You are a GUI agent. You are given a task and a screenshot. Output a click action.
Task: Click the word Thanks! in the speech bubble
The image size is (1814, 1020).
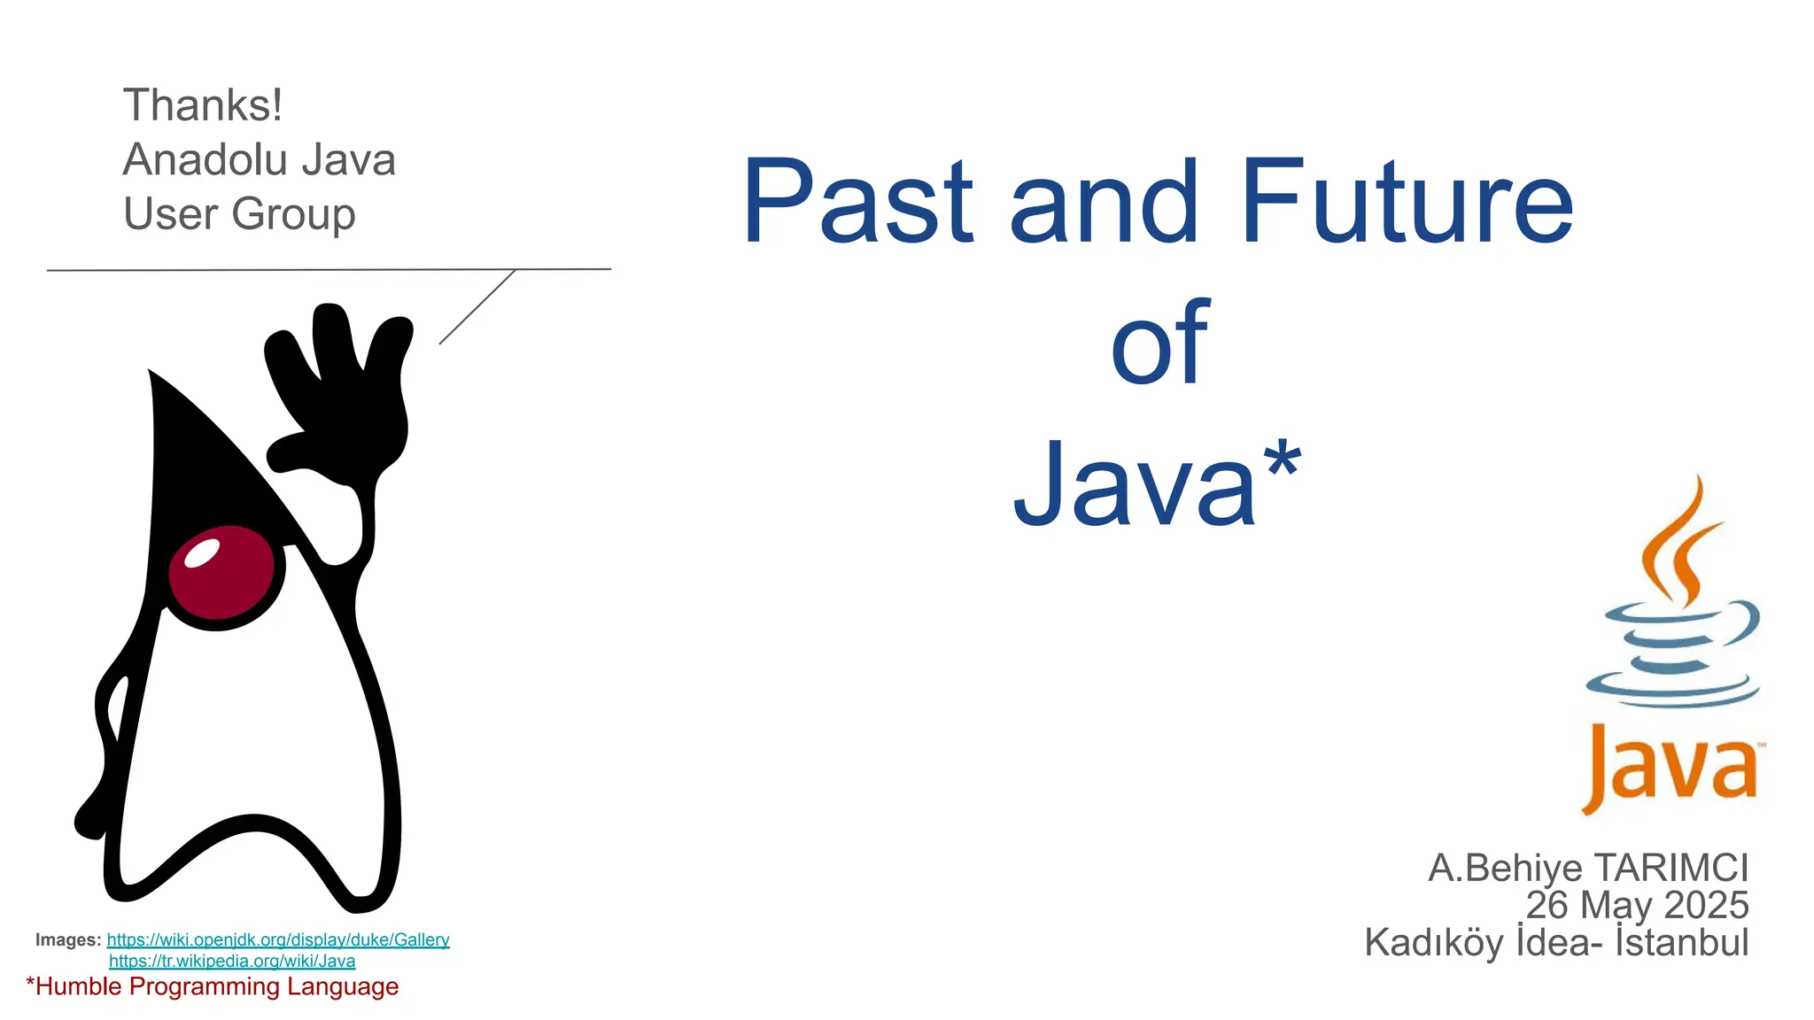pyautogui.click(x=203, y=105)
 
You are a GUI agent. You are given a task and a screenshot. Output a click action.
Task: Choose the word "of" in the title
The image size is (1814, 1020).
pyautogui.click(x=1159, y=344)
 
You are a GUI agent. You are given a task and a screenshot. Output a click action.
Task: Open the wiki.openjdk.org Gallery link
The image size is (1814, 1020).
pyautogui.click(x=278, y=939)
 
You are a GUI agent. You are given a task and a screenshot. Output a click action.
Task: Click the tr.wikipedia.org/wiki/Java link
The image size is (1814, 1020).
pyautogui.click(x=232, y=961)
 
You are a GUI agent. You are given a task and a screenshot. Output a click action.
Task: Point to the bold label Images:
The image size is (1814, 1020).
pyautogui.click(x=68, y=939)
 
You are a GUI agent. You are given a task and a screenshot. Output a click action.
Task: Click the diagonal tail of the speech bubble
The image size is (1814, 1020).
pyautogui.click(x=477, y=306)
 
